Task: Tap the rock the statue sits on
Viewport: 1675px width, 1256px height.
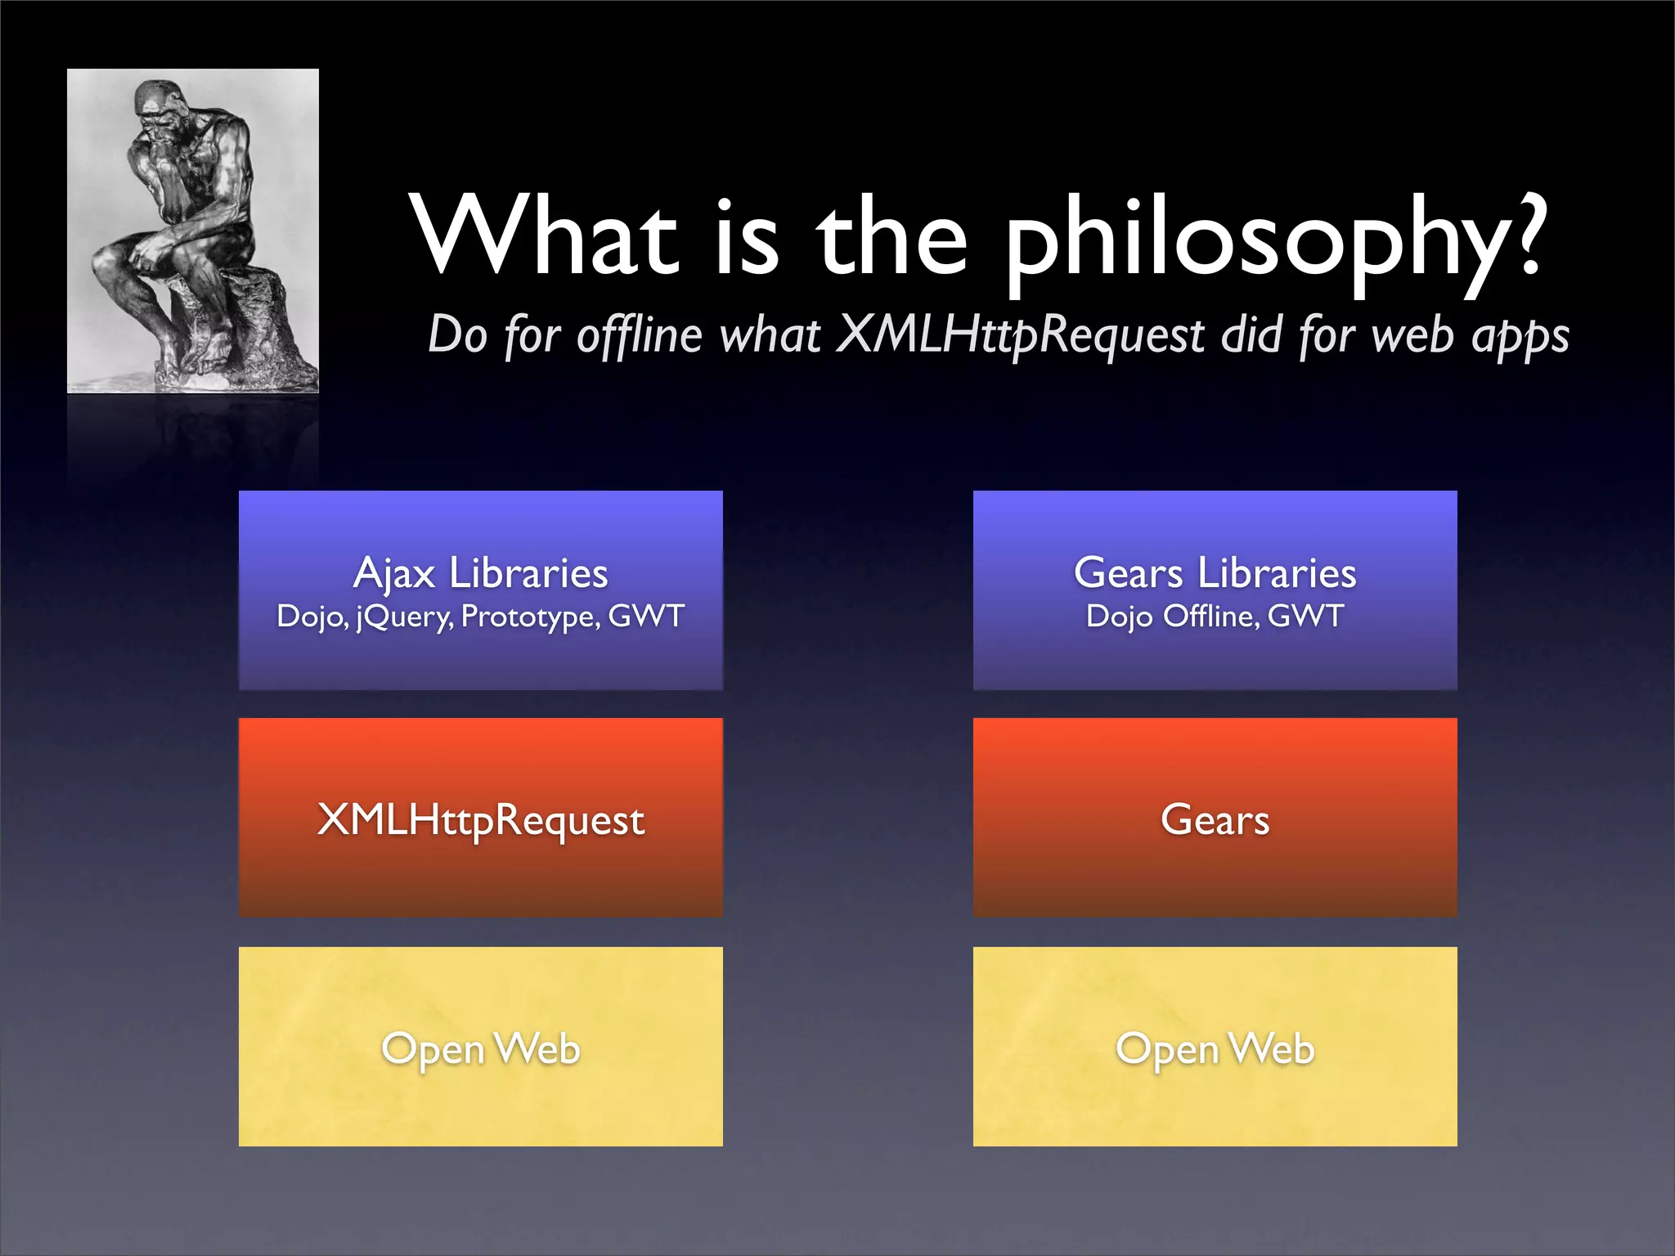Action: click(x=237, y=327)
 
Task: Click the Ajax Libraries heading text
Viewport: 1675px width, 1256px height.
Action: click(x=480, y=573)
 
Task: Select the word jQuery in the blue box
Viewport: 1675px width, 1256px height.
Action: click(x=405, y=617)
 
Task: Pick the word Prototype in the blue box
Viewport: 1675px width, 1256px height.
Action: click(x=530, y=617)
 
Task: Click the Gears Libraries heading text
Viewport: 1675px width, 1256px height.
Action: click(x=1215, y=573)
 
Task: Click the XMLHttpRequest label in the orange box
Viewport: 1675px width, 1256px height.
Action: click(x=480, y=819)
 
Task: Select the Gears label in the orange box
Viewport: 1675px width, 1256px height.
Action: click(x=1215, y=819)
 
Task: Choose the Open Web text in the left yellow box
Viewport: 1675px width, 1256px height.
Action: click(x=480, y=1049)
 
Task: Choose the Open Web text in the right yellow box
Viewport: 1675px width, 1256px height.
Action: click(x=1215, y=1049)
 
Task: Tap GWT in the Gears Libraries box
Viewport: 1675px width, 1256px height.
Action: click(x=1305, y=617)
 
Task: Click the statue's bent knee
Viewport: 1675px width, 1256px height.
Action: click(x=110, y=258)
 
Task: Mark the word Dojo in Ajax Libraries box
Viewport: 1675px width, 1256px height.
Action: click(x=312, y=617)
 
